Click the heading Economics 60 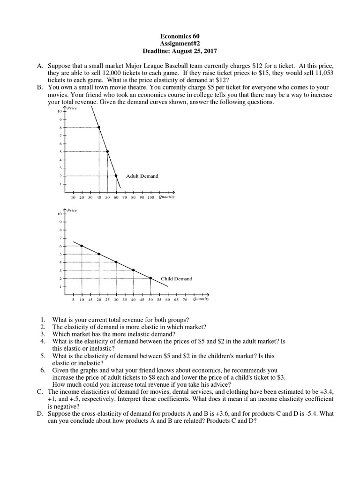click(180, 36)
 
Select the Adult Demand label click(142, 176)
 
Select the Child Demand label click(176, 279)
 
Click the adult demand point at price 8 click(99, 127)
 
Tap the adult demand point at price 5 click(107, 151)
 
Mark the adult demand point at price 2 click(116, 176)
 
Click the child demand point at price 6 click(82, 246)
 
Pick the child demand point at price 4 click(116, 262)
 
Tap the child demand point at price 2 click(150, 278)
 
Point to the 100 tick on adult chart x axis click(150, 197)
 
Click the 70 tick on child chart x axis click(185, 299)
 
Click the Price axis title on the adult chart click(73, 108)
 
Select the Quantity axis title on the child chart click(201, 299)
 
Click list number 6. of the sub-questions click(43, 370)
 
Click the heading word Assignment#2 click(180, 43)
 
